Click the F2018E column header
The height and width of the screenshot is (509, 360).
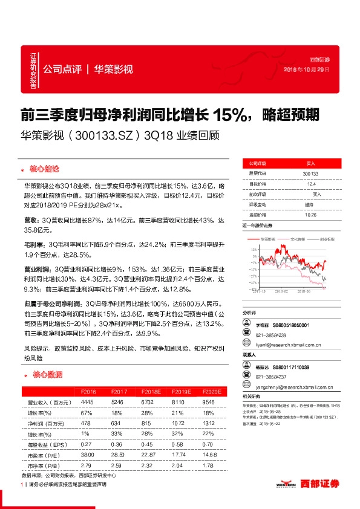146,392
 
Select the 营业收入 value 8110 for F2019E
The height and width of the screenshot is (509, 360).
178,402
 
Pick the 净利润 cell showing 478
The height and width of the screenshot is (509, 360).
87,423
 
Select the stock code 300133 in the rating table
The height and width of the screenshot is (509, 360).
310,173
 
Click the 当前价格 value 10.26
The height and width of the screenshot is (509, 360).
310,215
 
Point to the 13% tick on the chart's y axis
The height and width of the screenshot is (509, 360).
252,247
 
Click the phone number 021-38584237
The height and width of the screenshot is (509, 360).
271,376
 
